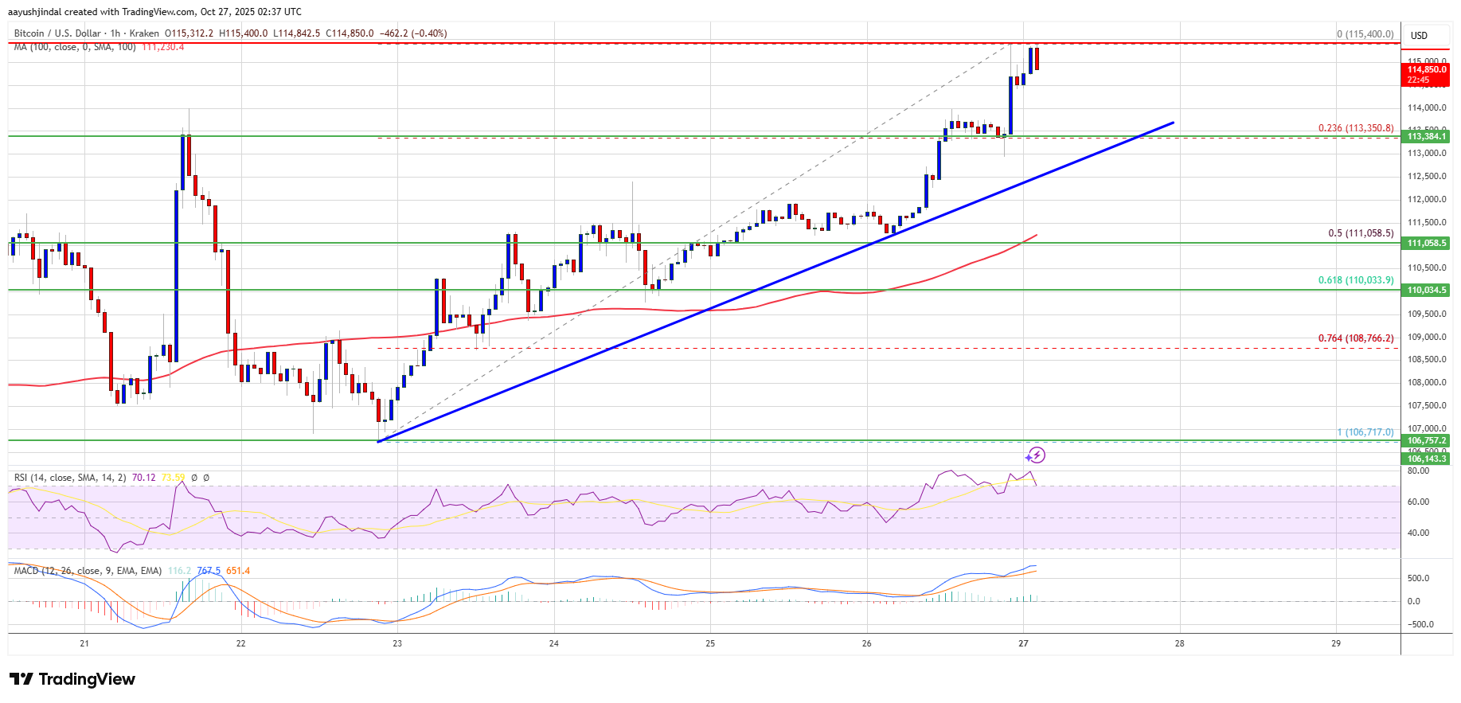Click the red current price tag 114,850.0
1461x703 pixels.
[1426, 70]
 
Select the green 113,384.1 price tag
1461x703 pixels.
[1426, 136]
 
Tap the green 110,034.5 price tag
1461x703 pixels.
[1426, 291]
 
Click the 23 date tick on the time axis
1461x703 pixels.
[397, 643]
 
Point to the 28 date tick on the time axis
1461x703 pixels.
[1179, 643]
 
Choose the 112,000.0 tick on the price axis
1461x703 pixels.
[1426, 199]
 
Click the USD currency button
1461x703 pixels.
[1419, 35]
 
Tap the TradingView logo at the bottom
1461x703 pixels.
[72, 679]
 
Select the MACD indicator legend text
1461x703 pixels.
[88, 571]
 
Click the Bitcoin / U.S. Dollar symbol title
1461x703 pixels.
[57, 33]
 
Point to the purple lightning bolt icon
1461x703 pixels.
[1035, 455]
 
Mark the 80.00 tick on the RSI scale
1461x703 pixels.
[1418, 471]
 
